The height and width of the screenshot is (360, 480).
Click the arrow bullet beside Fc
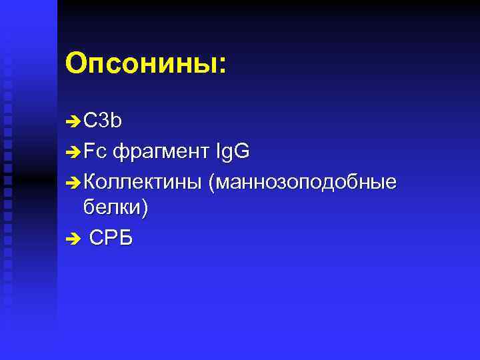(x=73, y=153)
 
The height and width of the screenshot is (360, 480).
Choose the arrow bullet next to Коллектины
(x=73, y=182)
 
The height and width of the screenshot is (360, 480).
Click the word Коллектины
(x=143, y=181)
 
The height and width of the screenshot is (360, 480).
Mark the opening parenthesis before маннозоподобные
(x=213, y=182)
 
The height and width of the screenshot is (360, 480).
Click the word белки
(x=112, y=207)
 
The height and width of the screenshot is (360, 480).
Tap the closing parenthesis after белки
(x=145, y=209)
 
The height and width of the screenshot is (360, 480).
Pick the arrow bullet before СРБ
(x=73, y=239)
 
